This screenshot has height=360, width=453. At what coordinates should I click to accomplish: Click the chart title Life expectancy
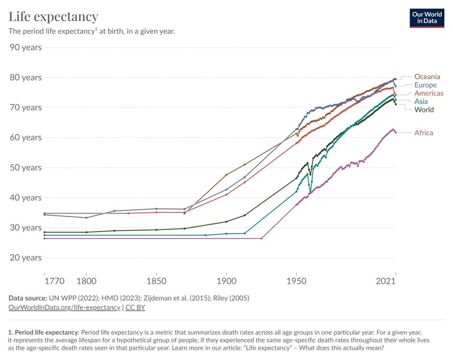53,17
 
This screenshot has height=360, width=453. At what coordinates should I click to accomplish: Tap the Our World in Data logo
427,18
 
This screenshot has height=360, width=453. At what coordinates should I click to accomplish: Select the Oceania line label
427,77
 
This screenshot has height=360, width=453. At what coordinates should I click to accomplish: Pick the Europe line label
425,85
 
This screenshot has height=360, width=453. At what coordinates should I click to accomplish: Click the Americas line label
429,93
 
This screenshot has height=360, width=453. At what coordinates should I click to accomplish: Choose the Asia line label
421,102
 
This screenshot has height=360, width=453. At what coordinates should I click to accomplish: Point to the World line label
424,110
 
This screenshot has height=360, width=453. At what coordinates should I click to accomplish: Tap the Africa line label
424,133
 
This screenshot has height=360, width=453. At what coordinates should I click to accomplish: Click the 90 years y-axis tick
25,47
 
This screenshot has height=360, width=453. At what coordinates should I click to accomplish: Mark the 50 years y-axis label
25,167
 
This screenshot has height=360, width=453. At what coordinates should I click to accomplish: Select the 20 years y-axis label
25,258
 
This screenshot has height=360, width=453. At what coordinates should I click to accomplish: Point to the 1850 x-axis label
156,281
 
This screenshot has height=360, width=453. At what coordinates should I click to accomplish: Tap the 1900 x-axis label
226,281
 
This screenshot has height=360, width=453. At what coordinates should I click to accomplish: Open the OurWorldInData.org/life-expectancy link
64,307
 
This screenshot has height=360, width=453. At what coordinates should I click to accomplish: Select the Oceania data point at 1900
226,175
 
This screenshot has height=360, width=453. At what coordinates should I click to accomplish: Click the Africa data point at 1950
297,205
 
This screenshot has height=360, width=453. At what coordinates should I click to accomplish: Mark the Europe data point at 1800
86,218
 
